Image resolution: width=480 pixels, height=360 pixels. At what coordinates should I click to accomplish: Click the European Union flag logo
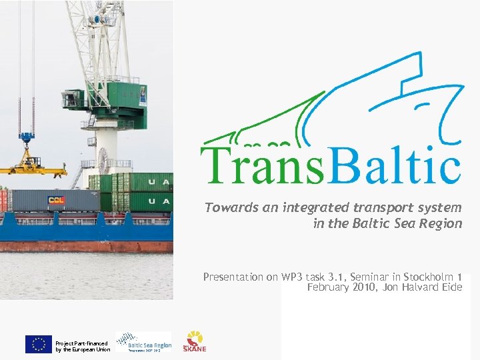(x=38, y=344)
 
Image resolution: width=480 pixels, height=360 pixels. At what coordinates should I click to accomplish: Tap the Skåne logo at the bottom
(x=195, y=341)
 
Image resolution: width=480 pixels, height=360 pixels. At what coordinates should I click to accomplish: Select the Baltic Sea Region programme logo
(x=143, y=343)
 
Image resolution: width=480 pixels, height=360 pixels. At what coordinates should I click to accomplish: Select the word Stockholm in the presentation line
(x=423, y=276)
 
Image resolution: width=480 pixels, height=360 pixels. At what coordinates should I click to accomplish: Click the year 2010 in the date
(x=356, y=287)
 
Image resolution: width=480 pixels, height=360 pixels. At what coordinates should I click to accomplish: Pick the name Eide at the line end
(x=450, y=287)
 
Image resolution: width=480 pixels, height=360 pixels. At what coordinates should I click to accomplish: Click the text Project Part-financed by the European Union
(x=83, y=346)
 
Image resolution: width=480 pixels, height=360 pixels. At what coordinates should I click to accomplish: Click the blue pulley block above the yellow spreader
(x=27, y=139)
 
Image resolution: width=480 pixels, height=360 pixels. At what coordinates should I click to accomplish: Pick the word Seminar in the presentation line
(x=383, y=276)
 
